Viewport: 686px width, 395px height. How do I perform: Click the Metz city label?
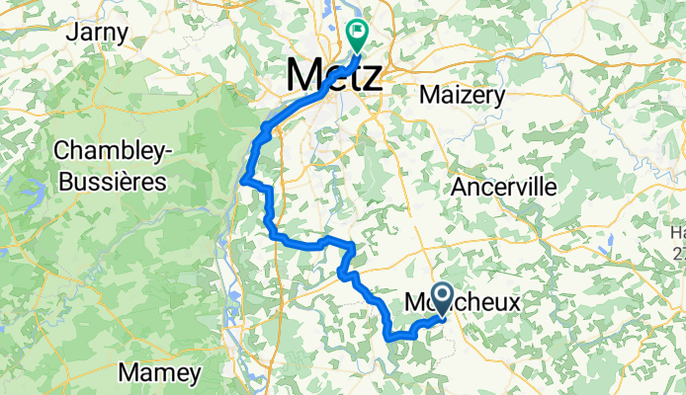(x=333, y=76)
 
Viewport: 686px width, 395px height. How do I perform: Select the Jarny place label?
(x=97, y=33)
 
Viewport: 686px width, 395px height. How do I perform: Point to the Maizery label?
(x=463, y=96)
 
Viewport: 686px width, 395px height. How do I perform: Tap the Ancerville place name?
(x=503, y=187)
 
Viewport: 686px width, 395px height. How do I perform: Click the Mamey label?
(x=160, y=373)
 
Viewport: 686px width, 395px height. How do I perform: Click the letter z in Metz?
(x=371, y=77)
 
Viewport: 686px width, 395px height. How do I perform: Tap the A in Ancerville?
(x=458, y=187)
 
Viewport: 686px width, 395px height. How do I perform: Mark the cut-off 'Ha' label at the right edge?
(x=678, y=233)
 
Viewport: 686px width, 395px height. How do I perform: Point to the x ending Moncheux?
(x=512, y=303)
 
